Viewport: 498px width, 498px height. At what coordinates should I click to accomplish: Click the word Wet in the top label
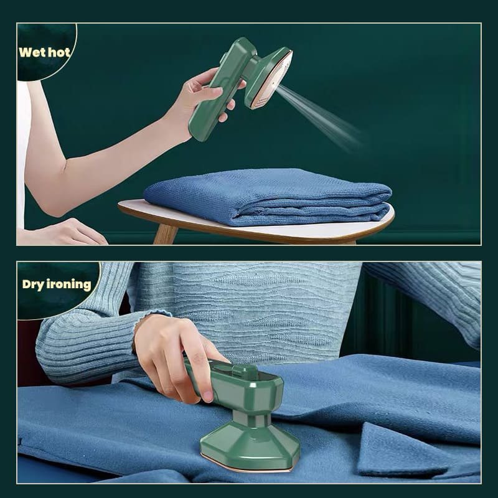click(32, 52)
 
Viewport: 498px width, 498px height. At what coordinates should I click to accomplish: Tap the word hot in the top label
click(59, 52)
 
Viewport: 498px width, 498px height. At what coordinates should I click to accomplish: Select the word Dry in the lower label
click(34, 285)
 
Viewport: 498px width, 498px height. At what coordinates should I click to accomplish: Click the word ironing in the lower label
click(70, 285)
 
